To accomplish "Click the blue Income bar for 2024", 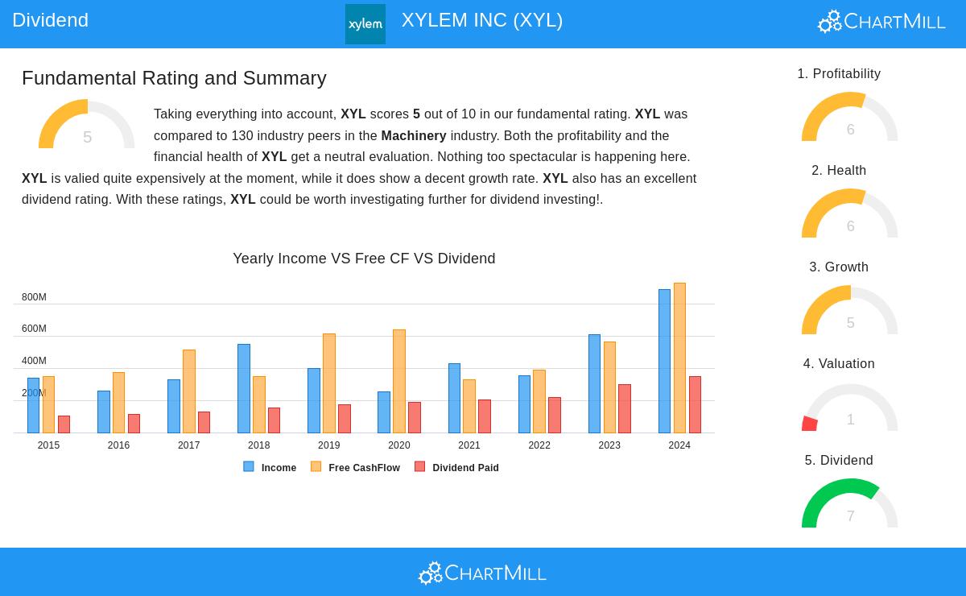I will point(664,362).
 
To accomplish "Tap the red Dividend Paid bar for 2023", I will point(625,408).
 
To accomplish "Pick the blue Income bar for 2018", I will point(243,388).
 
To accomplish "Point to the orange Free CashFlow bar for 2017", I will point(188,391).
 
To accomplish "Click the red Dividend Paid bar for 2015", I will point(64,424).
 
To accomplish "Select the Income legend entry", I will point(270,467).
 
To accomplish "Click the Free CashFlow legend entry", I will point(355,467).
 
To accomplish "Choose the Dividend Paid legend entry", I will point(456,467).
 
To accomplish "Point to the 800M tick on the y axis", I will point(34,297).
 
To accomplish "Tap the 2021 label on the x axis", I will point(469,445).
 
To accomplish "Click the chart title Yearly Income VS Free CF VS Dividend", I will point(364,259).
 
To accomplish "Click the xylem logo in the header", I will point(365,24).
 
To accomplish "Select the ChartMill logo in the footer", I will point(482,573).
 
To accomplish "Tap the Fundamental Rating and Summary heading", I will point(174,78).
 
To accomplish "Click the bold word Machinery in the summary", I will point(413,135).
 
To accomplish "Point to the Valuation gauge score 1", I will point(850,420).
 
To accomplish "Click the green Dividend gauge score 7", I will point(850,515).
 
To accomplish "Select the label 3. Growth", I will point(839,267).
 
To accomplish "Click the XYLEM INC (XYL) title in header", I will point(481,20).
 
